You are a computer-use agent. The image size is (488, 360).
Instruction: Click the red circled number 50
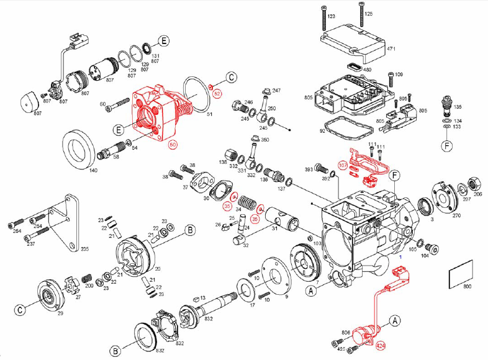click(x=173, y=144)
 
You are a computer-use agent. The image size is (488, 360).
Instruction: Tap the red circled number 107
click(x=342, y=165)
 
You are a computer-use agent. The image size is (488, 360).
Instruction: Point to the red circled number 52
click(x=217, y=93)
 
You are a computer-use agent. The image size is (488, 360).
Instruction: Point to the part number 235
click(x=84, y=250)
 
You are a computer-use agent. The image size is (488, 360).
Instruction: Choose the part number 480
click(x=367, y=70)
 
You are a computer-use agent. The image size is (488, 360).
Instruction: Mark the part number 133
click(x=457, y=127)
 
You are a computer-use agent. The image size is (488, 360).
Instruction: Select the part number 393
click(x=308, y=169)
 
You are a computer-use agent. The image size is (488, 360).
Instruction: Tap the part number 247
click(x=276, y=91)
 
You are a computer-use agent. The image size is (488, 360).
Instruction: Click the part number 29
click(x=60, y=314)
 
